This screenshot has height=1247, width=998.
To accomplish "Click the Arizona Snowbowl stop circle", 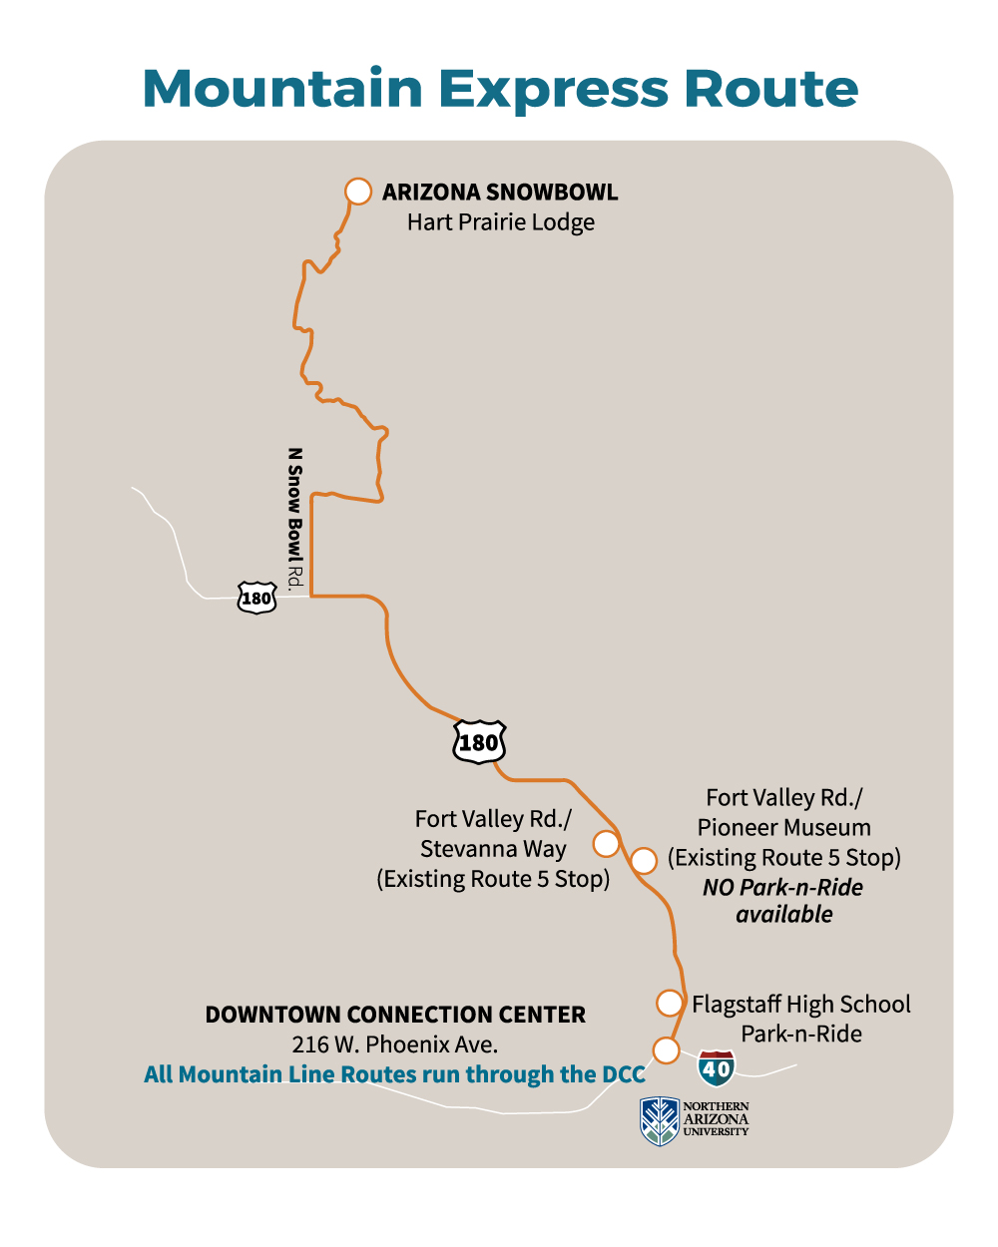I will click(358, 192).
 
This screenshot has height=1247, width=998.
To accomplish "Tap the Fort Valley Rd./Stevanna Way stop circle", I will click(606, 843).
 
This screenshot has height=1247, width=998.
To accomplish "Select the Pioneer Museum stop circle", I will click(644, 860).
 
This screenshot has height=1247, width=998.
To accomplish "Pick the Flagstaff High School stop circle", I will click(670, 1003).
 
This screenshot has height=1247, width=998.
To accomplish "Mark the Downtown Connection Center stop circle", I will click(666, 1049).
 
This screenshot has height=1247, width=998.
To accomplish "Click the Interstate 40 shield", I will click(717, 1068).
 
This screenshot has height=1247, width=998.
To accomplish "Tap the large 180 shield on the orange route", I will click(479, 742).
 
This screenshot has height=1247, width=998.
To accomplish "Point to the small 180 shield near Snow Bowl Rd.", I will click(256, 598).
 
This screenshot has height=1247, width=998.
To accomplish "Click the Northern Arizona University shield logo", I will click(660, 1120).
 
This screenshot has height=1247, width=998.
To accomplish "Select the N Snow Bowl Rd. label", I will click(294, 519).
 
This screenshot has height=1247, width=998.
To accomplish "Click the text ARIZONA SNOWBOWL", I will click(500, 192).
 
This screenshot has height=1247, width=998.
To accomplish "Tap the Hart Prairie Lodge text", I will click(500, 222).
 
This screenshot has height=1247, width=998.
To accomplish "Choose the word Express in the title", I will click(553, 89).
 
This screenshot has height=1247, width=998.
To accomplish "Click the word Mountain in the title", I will click(283, 89).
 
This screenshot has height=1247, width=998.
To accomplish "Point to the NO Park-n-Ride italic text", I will click(782, 887).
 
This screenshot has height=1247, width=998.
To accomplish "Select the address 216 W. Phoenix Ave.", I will click(395, 1044).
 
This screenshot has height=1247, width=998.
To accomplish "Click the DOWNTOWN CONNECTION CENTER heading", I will click(395, 1015).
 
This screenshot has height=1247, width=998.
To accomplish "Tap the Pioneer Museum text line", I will click(783, 828).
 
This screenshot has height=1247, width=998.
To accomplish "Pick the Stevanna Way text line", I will click(493, 849).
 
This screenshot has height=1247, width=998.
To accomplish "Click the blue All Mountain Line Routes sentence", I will click(395, 1074).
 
